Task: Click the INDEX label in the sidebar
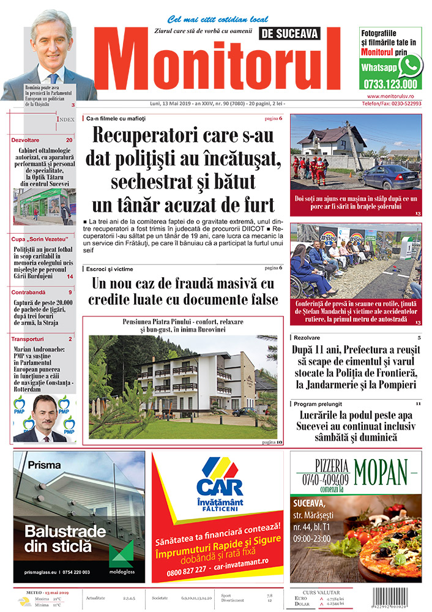pyautogui.click(x=65, y=119)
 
